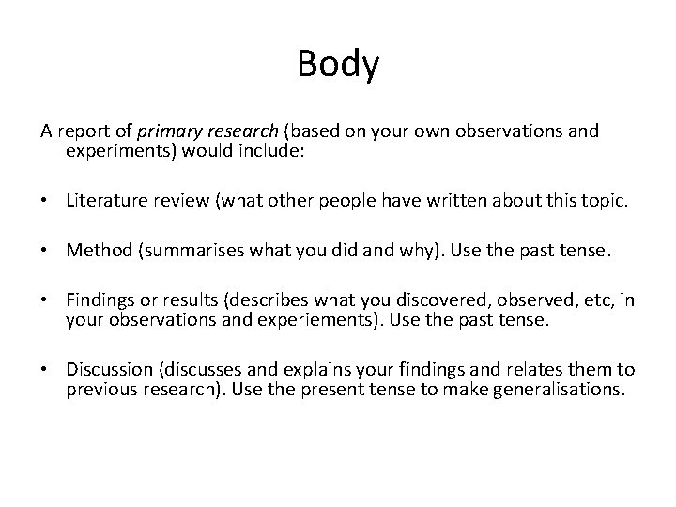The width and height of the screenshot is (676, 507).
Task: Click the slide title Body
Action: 338,65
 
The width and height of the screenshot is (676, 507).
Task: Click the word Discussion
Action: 109,369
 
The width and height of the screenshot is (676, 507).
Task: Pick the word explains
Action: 334,369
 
